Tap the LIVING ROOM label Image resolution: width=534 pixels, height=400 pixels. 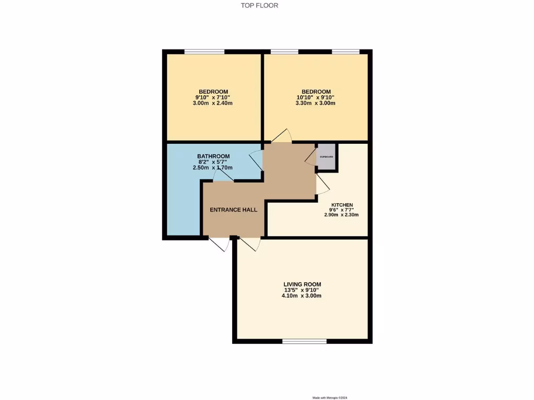click(x=302, y=284)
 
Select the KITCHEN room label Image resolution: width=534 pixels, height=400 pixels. click(x=342, y=205)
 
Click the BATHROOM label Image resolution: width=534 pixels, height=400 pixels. click(x=213, y=156)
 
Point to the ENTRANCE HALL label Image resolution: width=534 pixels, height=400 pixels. click(x=233, y=210)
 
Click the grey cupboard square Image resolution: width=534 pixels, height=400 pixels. click(x=326, y=157)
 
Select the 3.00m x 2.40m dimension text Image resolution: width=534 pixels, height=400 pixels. click(x=212, y=103)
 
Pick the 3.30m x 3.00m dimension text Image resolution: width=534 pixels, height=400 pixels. click(x=315, y=103)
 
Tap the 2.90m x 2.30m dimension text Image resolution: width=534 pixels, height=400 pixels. click(x=342, y=215)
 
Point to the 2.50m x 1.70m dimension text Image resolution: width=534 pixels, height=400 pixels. click(x=213, y=168)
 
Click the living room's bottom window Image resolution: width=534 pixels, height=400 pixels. click(x=305, y=342)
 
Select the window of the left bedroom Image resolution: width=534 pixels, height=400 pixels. click(x=204, y=52)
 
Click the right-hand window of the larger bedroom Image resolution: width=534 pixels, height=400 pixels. click(x=346, y=52)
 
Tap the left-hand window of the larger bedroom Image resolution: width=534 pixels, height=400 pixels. click(x=285, y=52)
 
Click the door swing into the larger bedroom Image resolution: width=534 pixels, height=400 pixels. click(x=281, y=136)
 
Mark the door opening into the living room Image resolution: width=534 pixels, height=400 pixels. click(x=250, y=244)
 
